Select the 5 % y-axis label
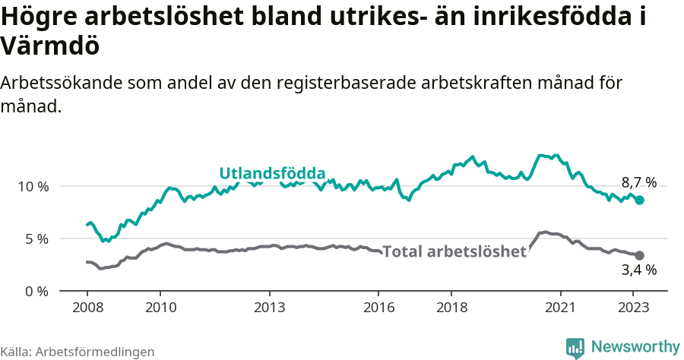point(36,239)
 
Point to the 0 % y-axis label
point(36,292)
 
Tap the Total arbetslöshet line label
point(454,251)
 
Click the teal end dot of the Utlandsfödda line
point(640,200)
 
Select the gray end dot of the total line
point(640,255)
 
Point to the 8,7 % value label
point(638,182)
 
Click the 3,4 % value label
point(638,270)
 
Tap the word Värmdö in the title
point(50,47)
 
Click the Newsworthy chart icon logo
point(575,348)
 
